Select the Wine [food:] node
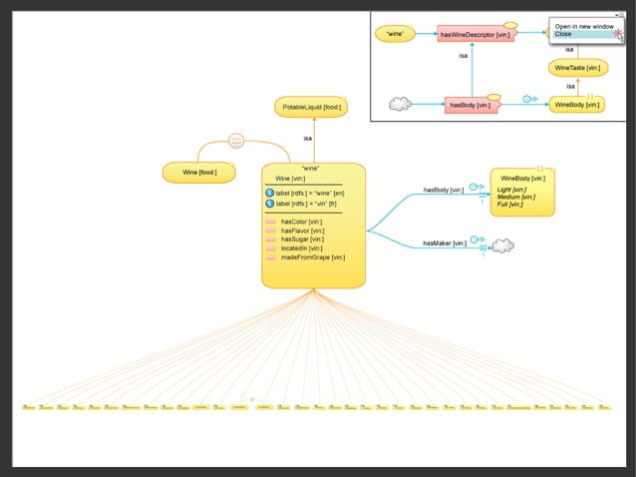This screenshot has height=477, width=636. tap(200, 174)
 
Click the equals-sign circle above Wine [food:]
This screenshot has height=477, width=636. tap(236, 141)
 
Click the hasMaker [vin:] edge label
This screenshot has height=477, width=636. tap(444, 242)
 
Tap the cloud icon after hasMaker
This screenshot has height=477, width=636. tap(502, 244)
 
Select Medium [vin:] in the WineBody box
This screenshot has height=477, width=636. tap(516, 197)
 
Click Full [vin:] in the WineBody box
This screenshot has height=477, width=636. tap(511, 205)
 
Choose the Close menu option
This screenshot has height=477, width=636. tap(564, 34)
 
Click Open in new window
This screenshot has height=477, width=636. tap(582, 26)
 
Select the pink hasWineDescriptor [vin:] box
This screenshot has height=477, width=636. tap(475, 35)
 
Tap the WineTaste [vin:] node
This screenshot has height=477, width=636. tap(577, 68)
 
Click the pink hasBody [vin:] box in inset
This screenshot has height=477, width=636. tap(472, 104)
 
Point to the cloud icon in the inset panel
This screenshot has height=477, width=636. tap(400, 104)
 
